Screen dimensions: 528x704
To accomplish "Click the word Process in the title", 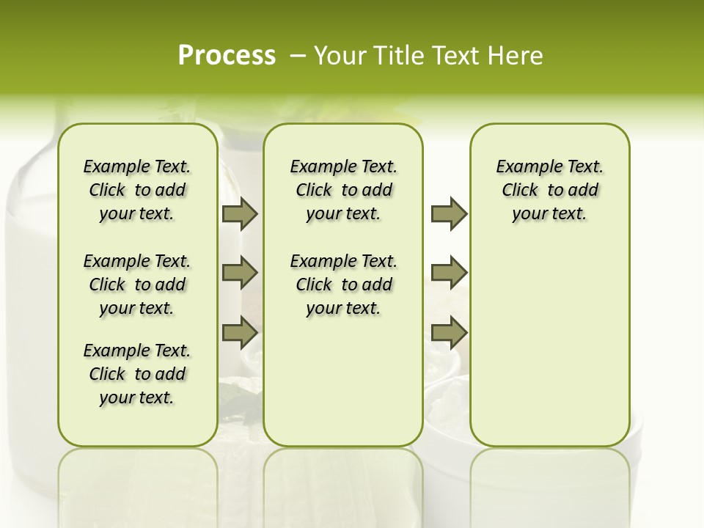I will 227,55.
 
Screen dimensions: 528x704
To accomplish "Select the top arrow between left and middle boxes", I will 240,214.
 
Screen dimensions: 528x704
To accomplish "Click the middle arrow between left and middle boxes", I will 240,274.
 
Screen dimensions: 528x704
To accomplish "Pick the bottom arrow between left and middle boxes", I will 240,333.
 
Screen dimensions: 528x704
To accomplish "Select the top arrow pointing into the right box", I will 449,214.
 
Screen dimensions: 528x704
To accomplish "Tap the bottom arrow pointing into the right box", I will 449,333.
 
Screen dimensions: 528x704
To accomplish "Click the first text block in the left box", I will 137,190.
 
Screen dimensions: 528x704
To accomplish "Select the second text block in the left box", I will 137,285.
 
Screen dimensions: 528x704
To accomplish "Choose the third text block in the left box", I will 137,374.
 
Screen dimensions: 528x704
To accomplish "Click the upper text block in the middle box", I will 343,190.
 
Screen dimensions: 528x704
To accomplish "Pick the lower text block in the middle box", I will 343,285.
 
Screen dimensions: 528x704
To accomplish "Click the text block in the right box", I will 549,190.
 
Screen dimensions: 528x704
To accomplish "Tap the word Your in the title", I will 339,56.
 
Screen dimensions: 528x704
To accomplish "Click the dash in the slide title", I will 298,56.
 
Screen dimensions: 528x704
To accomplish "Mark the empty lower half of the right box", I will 549,352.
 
